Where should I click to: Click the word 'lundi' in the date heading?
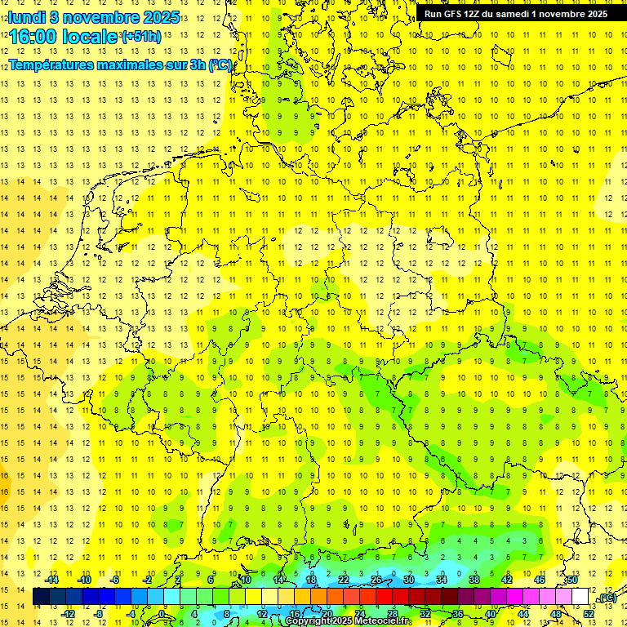click(x=27, y=17)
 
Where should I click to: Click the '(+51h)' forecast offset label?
click(x=141, y=37)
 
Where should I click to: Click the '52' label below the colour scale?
click(x=589, y=613)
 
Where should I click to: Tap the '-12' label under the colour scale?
click(x=69, y=613)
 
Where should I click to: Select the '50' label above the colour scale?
click(x=571, y=580)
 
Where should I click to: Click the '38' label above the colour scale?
click(x=474, y=580)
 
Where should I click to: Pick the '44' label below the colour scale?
click(x=523, y=613)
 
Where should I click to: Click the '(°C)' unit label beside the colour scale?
click(x=607, y=598)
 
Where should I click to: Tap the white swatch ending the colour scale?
click(x=580, y=597)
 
